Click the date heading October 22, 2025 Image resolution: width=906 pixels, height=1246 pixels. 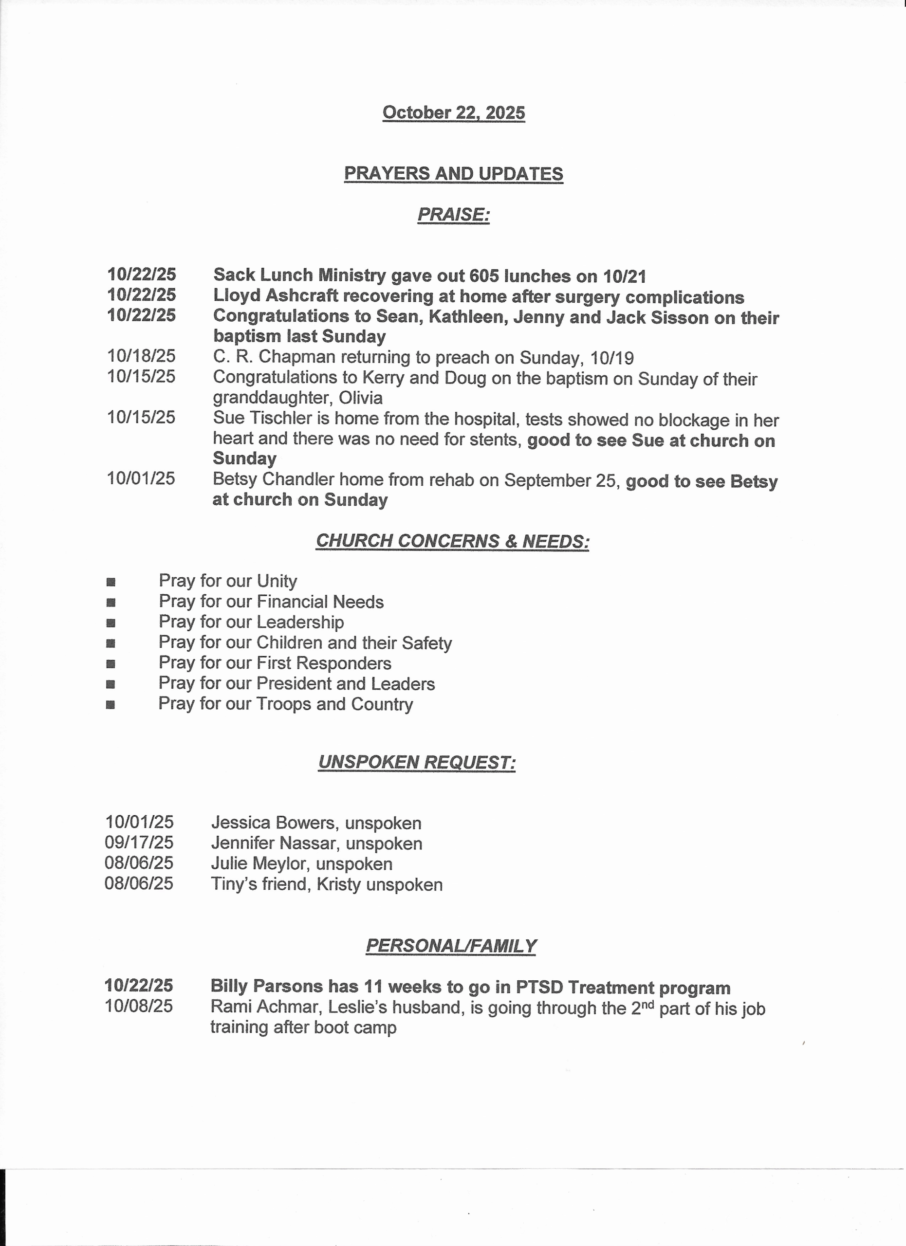[x=453, y=112]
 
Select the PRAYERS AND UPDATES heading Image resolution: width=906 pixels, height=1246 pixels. [x=453, y=174]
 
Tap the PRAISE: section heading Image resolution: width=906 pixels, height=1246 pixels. [x=453, y=214]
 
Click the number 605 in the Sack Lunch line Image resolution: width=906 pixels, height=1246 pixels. [x=484, y=275]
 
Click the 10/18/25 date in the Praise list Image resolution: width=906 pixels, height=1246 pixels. [x=141, y=356]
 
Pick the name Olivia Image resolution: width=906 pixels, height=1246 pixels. [x=360, y=398]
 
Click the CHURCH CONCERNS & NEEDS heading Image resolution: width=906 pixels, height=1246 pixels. [x=452, y=541]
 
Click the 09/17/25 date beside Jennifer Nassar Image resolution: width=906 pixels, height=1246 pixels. [x=139, y=843]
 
